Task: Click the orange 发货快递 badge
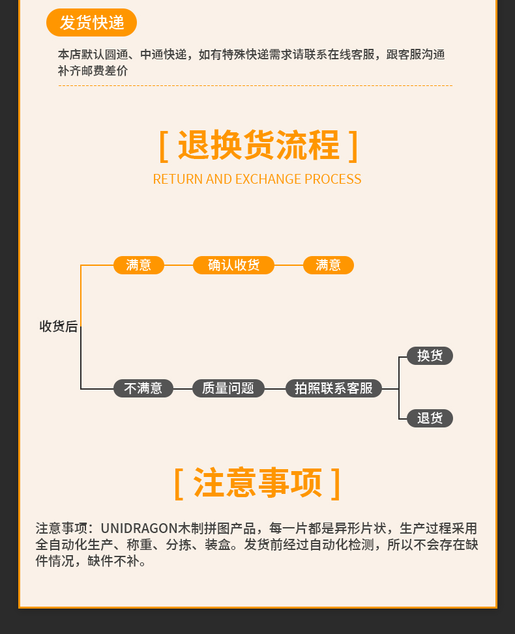91,23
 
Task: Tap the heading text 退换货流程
258,145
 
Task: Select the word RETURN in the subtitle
177,179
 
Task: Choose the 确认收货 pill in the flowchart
233,265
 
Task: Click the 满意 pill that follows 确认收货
329,265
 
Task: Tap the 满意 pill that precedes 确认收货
139,265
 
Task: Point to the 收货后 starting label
59,326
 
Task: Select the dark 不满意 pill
143,388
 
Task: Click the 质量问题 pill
228,388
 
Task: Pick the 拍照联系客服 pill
334,388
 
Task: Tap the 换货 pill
430,356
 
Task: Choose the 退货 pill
430,418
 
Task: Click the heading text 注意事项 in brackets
258,483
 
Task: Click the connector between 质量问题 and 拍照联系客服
275,389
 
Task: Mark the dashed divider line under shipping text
255,86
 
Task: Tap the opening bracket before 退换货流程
164,146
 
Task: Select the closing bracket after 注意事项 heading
336,483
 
